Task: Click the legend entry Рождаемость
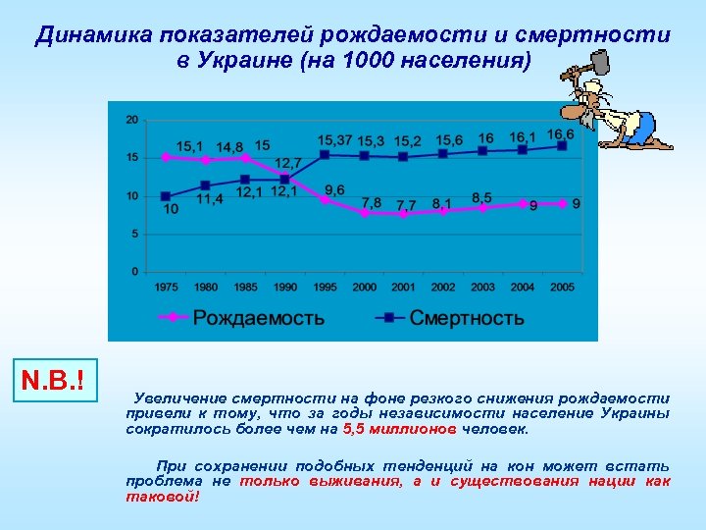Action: point(258,318)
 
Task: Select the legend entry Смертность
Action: point(466,318)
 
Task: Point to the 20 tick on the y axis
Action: point(131,120)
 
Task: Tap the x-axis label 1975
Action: point(165,286)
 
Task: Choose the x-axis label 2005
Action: point(562,286)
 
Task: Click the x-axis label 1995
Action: point(324,286)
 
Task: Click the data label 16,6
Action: point(560,134)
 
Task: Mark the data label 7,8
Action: point(372,203)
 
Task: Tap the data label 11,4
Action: point(209,199)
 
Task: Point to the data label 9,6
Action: point(334,189)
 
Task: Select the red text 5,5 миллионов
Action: point(399,430)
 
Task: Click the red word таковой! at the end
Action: point(163,497)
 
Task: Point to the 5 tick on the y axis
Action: point(133,234)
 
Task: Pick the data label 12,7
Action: point(287,163)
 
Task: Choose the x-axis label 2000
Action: point(364,286)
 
